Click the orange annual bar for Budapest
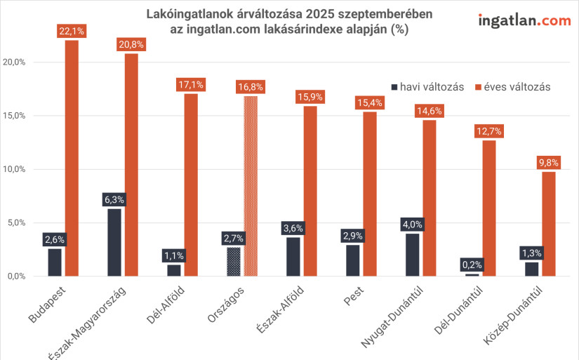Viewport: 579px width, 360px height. point(72,158)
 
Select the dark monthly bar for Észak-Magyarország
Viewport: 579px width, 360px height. point(114,242)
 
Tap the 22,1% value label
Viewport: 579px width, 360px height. point(72,31)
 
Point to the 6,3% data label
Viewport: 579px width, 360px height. point(114,200)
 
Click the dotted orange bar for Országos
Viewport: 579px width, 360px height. point(251,186)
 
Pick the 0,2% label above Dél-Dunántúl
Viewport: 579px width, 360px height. point(472,265)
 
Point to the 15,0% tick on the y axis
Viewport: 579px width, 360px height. point(14,116)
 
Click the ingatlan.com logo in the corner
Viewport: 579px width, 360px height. point(524,20)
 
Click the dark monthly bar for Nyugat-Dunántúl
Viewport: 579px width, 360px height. point(412,254)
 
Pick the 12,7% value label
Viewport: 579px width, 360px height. point(489,131)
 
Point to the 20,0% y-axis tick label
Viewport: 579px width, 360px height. point(14,62)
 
